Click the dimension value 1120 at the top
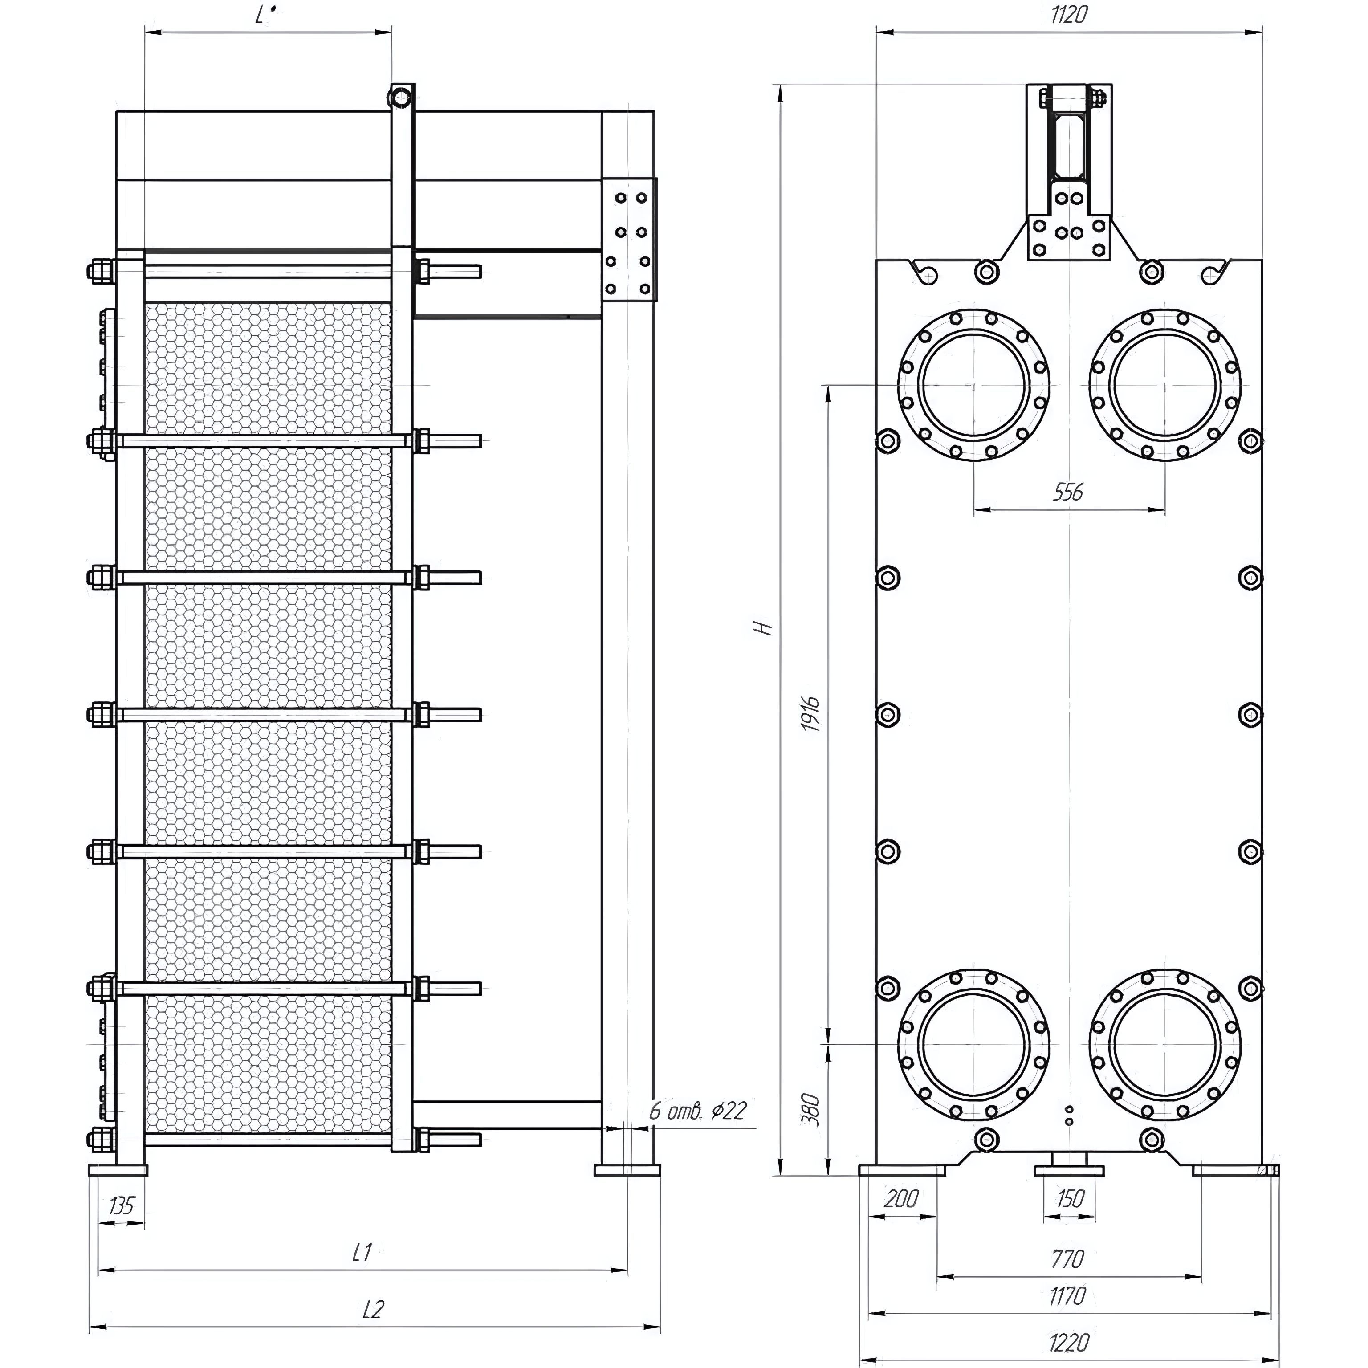point(1068,15)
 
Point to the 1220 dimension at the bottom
point(1068,1342)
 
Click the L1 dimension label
point(362,1253)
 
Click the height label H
point(762,627)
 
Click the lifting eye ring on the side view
point(401,96)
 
